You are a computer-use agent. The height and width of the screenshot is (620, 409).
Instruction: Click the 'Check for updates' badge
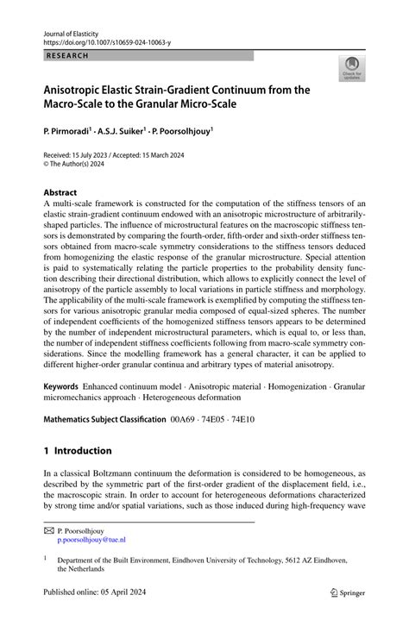coord(353,69)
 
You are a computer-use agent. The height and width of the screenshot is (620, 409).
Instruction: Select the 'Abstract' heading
coord(60,192)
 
